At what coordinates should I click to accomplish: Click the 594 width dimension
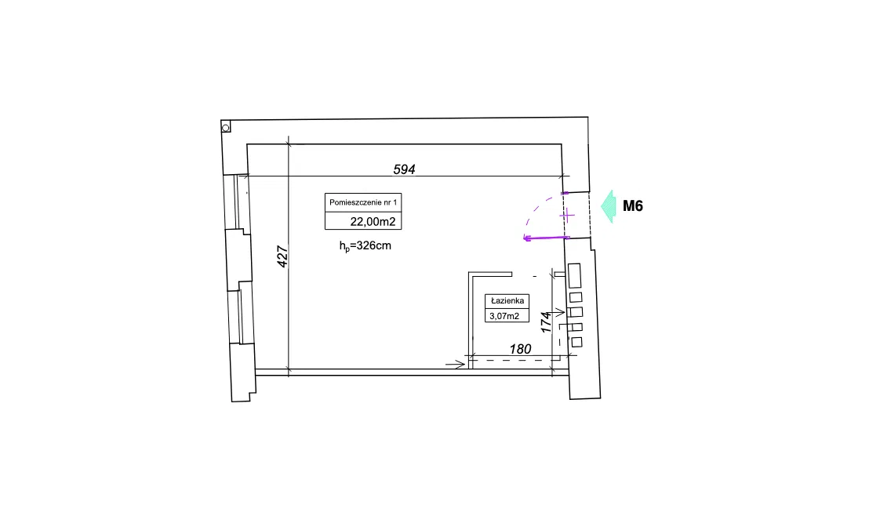pos(404,169)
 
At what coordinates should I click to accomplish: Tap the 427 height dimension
pos(282,256)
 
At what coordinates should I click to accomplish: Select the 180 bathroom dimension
pos(520,349)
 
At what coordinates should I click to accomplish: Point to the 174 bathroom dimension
pos(546,322)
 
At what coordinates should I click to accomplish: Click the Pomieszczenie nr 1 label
pos(363,202)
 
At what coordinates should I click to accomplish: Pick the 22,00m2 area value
pos(373,222)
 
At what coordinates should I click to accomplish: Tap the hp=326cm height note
pos(365,246)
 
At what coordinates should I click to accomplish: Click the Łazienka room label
pos(507,301)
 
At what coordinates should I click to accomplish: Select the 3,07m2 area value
pos(504,316)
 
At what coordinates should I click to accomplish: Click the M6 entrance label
pos(632,206)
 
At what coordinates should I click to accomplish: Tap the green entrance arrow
pos(609,206)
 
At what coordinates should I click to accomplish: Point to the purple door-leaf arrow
pos(546,238)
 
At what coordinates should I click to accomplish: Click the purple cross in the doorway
pos(567,216)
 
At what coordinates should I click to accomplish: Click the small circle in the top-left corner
pos(226,128)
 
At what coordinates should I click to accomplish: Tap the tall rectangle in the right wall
pos(574,275)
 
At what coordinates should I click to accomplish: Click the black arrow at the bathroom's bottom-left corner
pos(456,365)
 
